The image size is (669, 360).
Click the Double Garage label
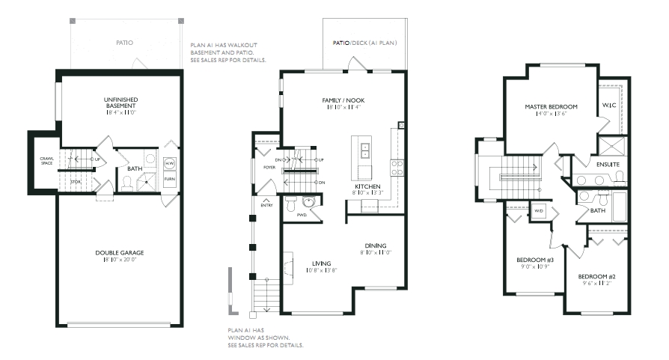120,253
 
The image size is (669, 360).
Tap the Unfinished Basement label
120,103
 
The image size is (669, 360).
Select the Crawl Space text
47,161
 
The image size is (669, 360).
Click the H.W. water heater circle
169,163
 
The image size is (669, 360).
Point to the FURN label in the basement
169,179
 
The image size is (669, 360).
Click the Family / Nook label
343,100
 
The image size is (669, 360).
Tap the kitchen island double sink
365,150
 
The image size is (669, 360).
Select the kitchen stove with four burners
397,167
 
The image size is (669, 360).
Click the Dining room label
376,245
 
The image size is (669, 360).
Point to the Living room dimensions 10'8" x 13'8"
322,270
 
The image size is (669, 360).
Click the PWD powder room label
302,215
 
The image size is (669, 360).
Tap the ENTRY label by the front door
266,206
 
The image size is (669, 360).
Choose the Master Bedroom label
552,107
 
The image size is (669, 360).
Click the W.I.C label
609,106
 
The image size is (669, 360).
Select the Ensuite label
608,165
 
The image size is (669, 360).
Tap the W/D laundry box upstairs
539,211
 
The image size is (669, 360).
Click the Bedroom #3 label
535,260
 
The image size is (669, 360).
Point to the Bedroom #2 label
597,276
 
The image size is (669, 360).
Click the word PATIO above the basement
124,43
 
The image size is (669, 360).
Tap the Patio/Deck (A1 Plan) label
364,43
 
